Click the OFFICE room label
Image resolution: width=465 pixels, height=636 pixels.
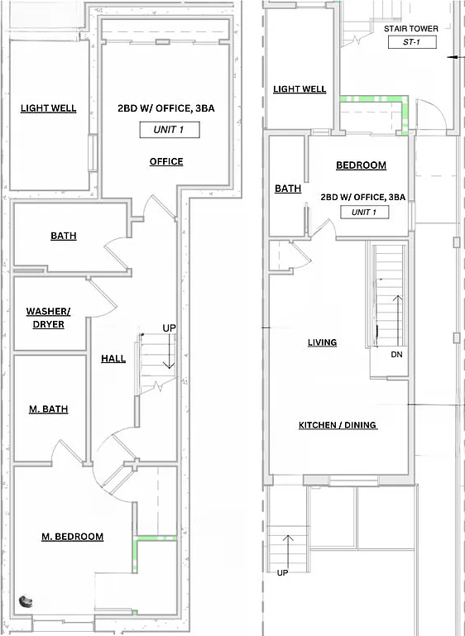166,161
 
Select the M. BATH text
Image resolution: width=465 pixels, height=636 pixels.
50,409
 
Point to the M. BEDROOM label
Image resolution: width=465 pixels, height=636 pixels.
73,537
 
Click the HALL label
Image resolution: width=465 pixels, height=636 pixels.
113,358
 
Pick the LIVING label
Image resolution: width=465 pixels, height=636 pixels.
322,342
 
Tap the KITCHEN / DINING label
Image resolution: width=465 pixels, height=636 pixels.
338,425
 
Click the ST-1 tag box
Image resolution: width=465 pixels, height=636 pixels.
411,42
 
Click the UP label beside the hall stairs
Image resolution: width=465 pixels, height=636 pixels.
169,328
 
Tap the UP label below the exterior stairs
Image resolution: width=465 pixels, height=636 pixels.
282,572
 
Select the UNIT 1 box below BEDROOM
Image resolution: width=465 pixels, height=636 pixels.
369,213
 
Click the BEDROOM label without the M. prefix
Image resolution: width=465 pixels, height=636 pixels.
361,165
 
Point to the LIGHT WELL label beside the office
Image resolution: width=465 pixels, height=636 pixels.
49,108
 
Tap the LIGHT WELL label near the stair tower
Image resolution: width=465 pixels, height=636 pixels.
300,89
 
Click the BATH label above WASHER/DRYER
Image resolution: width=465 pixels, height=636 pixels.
64,236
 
